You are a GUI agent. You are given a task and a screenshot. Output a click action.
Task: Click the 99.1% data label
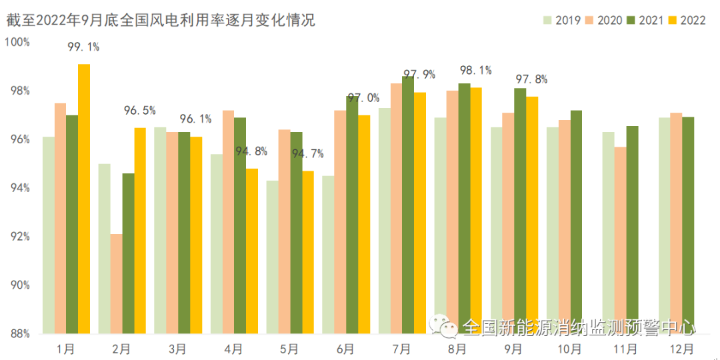[83, 47]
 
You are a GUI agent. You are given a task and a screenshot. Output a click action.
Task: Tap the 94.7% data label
[307, 154]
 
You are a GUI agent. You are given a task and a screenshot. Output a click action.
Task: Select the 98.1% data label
[475, 70]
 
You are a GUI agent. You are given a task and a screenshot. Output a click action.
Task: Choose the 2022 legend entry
[687, 21]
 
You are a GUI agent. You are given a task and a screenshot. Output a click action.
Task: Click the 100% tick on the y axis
[17, 42]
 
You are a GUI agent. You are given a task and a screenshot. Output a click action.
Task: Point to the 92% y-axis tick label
[20, 237]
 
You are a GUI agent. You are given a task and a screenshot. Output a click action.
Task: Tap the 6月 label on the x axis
[345, 349]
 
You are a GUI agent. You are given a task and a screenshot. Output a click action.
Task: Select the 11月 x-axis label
[625, 349]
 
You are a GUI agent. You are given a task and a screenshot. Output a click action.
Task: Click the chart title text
[160, 20]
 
